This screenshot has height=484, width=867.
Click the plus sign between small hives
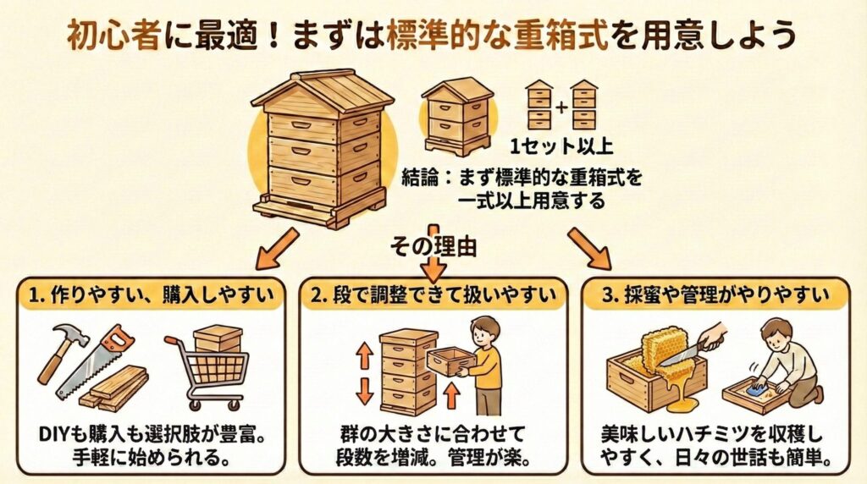point(560,106)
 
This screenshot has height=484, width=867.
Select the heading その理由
point(433,247)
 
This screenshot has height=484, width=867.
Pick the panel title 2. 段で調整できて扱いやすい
point(433,296)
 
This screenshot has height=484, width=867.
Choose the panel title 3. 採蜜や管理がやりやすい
point(718,296)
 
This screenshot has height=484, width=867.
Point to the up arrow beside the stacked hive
point(365,355)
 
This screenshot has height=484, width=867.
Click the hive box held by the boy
point(450,360)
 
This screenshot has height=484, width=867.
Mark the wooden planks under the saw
point(119,388)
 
